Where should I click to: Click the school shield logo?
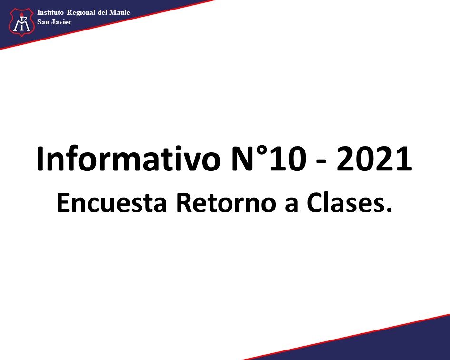point(22,22)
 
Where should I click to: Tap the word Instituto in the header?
point(50,12)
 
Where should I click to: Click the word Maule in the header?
point(120,12)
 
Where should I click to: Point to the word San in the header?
point(43,22)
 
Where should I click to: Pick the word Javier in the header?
point(61,22)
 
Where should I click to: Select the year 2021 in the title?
point(374,159)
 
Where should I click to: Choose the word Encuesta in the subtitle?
point(111,203)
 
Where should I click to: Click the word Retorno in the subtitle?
point(226,203)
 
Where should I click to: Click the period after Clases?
point(389,210)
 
